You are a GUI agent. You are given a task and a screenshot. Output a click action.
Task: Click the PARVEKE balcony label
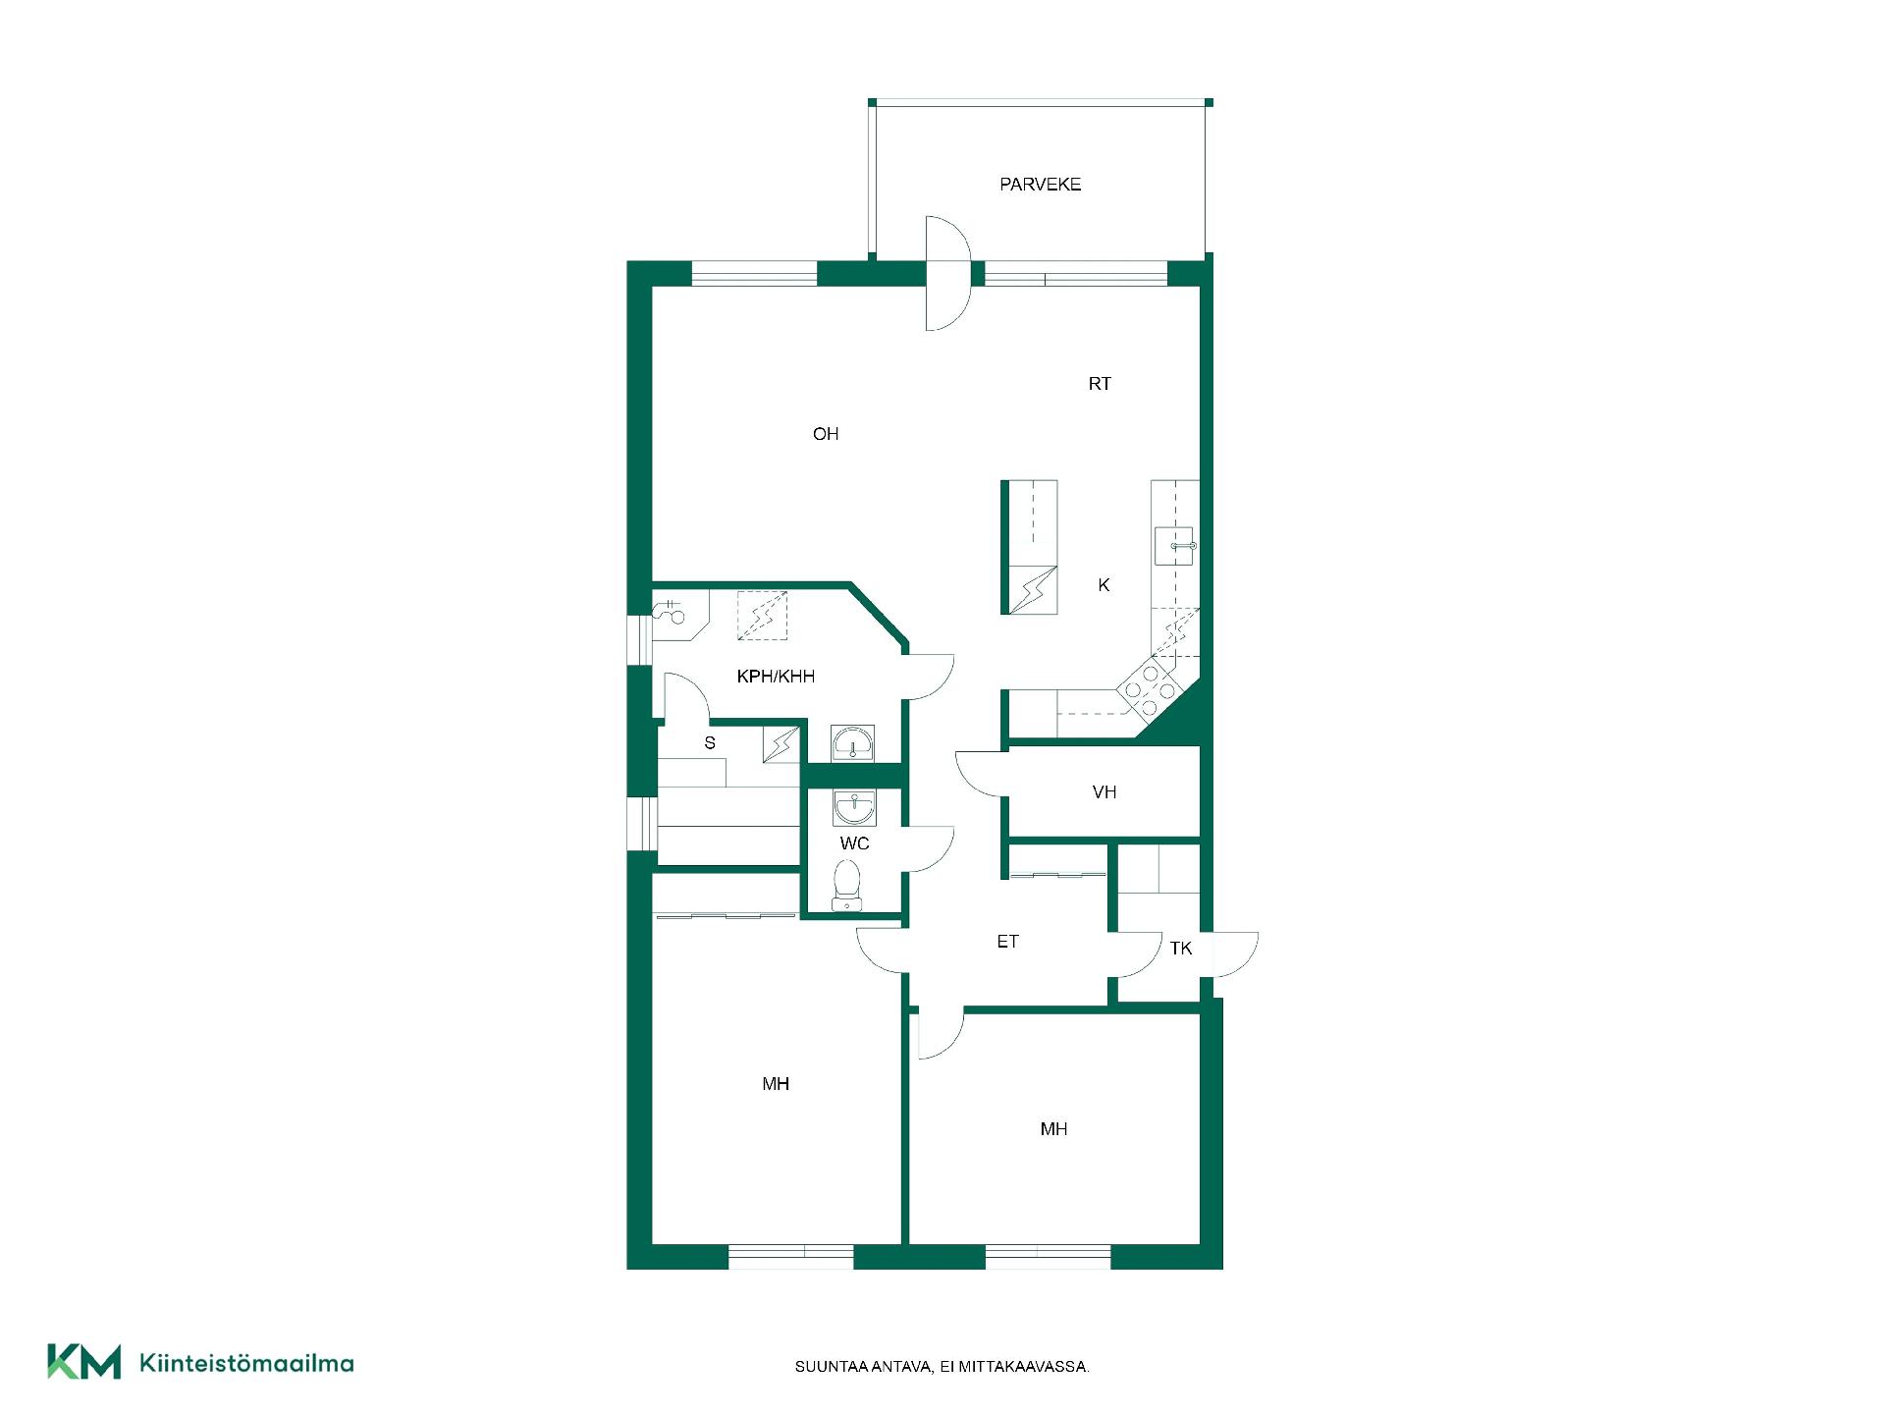[x=1041, y=185]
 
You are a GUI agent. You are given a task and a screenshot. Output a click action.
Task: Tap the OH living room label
[x=826, y=434]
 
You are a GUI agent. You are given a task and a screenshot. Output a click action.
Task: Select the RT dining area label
[x=1100, y=384]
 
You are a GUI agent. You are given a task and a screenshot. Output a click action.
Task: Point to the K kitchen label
[x=1104, y=585]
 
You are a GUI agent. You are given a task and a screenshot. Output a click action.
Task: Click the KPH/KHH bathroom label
[x=776, y=677]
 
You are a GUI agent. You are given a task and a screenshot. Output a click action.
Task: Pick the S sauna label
[x=710, y=743]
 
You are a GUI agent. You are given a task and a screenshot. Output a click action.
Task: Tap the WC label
[x=854, y=843]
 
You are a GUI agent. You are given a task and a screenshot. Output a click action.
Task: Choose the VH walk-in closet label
[x=1104, y=792]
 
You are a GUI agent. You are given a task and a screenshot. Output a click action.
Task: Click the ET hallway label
[x=1007, y=942]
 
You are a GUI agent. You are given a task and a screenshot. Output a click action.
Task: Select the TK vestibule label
[x=1181, y=949]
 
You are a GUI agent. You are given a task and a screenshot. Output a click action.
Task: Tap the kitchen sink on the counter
[x=1175, y=546]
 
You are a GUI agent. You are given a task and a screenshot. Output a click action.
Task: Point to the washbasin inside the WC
[x=854, y=807]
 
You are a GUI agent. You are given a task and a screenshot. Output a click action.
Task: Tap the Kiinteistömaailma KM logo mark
[x=84, y=1362]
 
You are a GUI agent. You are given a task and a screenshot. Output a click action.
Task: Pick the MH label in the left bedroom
[x=776, y=1084]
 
